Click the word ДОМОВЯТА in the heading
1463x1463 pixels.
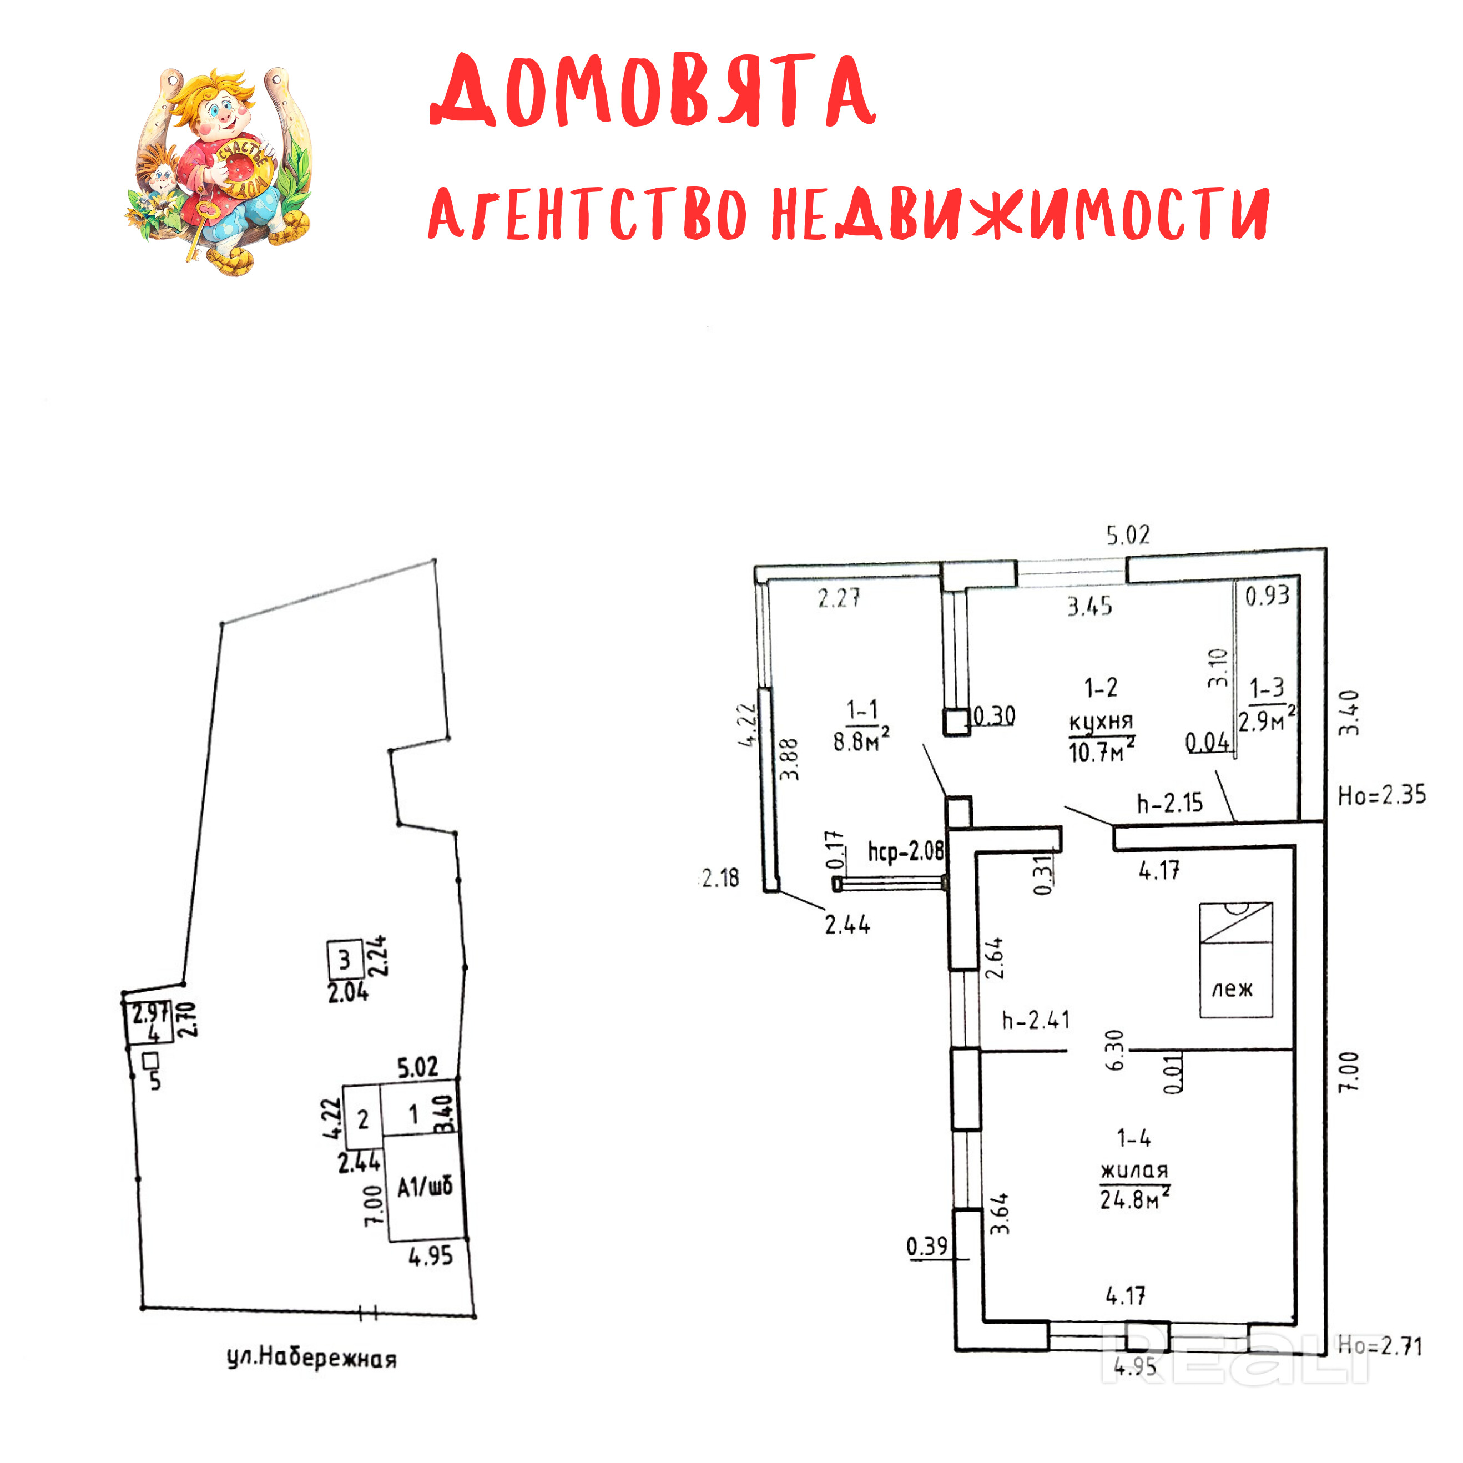tap(653, 91)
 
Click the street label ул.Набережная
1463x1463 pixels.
tap(311, 1358)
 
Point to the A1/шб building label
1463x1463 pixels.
tap(425, 1187)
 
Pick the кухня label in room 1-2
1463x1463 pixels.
tap(1100, 721)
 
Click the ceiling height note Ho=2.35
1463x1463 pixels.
tap(1381, 795)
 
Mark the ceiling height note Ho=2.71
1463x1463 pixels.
tap(1379, 1346)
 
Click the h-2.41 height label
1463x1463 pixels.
tap(1036, 1020)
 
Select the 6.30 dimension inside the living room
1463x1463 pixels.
tap(1114, 1050)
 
